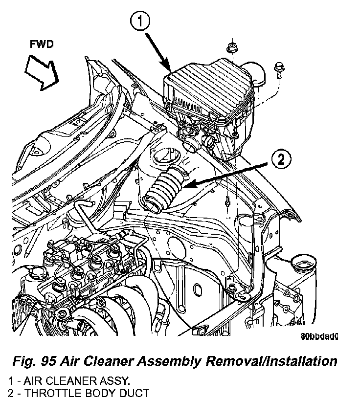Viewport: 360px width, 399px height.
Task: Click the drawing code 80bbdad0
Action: tap(320, 336)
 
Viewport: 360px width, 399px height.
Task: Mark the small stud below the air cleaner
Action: tap(228, 201)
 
